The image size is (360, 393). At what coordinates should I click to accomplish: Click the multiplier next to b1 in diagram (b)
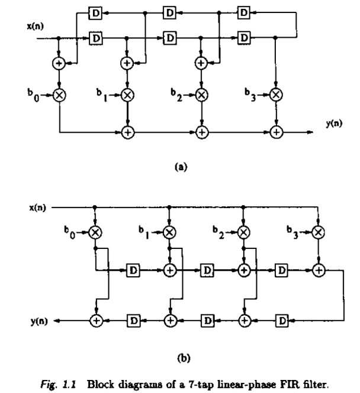point(170,232)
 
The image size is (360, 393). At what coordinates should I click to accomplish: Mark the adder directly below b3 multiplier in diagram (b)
point(319,270)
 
